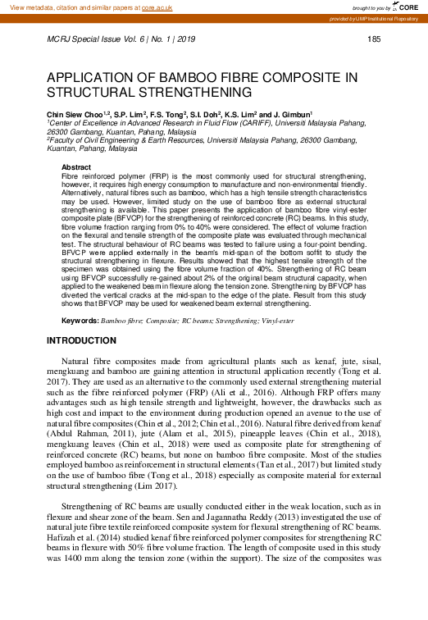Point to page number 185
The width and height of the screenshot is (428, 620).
[x=375, y=39]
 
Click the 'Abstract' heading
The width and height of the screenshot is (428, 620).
[x=76, y=167]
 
